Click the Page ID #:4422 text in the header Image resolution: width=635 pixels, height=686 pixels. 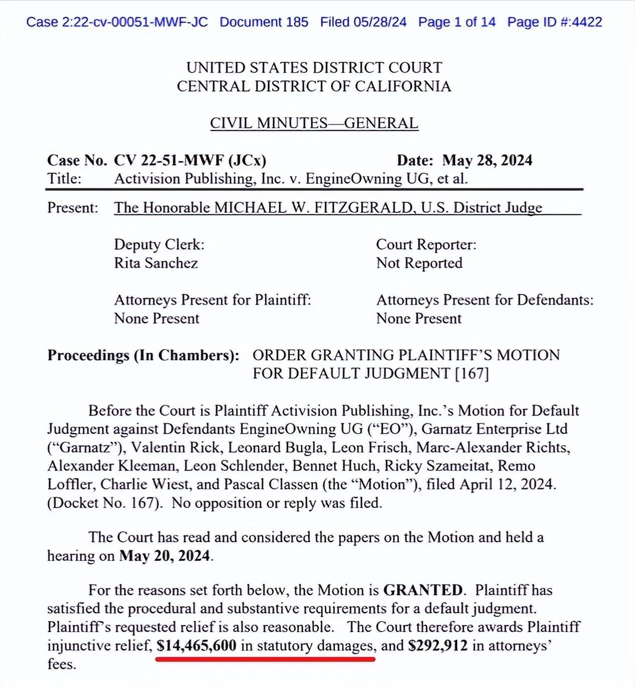(554, 22)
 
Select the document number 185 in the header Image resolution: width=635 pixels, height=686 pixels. (297, 22)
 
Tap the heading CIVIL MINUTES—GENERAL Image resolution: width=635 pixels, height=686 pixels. (314, 123)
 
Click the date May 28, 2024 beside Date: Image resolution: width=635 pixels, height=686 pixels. (487, 160)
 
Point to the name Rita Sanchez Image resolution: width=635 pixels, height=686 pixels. (156, 263)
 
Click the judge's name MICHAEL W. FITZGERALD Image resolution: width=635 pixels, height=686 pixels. (313, 208)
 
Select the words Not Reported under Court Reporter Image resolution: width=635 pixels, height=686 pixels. (419, 263)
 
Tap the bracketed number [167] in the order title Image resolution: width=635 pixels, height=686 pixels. (471, 374)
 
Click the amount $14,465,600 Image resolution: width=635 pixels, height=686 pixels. (196, 645)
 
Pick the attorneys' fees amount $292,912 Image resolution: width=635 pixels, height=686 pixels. (438, 645)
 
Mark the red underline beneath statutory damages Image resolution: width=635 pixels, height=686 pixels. (265, 659)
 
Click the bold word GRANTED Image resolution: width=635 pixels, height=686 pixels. (423, 590)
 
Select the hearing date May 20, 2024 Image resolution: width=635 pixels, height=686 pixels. (164, 556)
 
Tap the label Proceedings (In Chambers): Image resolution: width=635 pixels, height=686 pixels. (143, 355)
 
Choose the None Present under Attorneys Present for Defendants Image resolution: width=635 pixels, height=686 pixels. (419, 318)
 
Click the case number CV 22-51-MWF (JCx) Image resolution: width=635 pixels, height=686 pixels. (190, 160)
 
